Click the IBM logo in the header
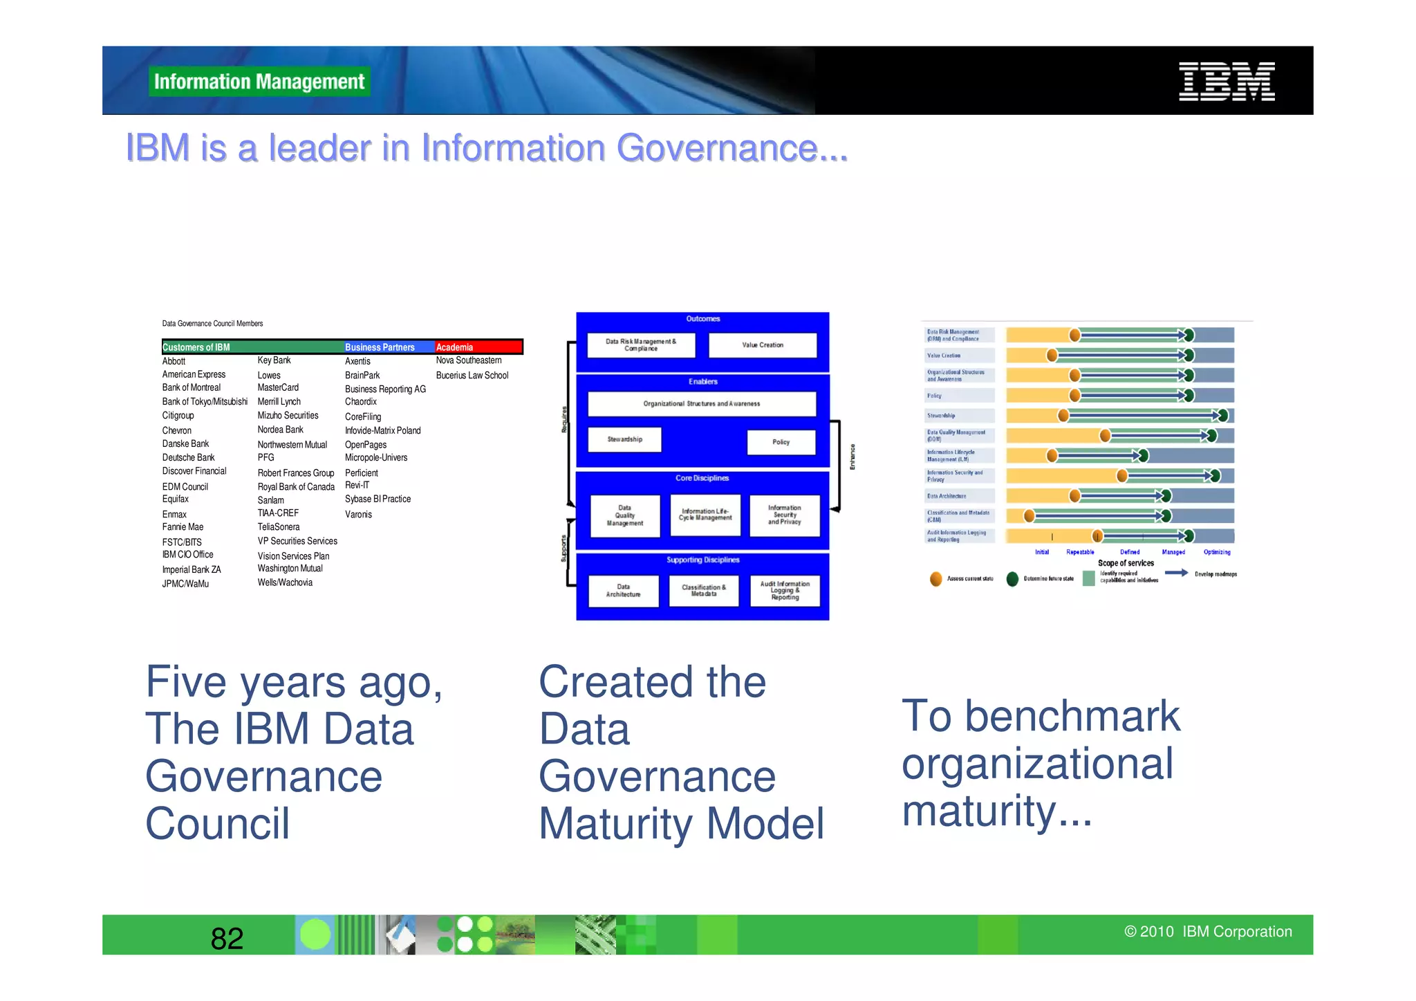(x=1226, y=82)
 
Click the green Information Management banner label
(x=259, y=82)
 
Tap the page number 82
(x=227, y=939)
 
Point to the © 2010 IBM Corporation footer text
(x=1208, y=932)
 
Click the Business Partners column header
(x=380, y=347)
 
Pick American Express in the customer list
(x=194, y=374)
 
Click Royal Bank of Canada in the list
(x=296, y=487)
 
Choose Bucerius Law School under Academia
(x=472, y=376)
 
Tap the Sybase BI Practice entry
(x=378, y=499)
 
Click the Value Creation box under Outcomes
(x=763, y=345)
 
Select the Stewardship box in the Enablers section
(x=624, y=440)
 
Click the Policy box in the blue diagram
(x=781, y=442)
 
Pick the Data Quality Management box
(x=624, y=516)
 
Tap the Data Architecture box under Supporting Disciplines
(x=623, y=591)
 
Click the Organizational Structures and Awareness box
(x=701, y=404)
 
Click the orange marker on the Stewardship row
(x=1063, y=416)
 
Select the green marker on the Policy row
(x=1189, y=396)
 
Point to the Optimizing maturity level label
(x=1216, y=552)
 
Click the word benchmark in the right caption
(x=1072, y=716)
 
